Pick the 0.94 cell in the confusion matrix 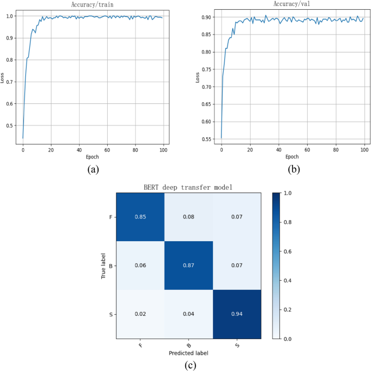pos(236,314)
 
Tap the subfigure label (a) pos(93,169)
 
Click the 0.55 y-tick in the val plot pos(209,139)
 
